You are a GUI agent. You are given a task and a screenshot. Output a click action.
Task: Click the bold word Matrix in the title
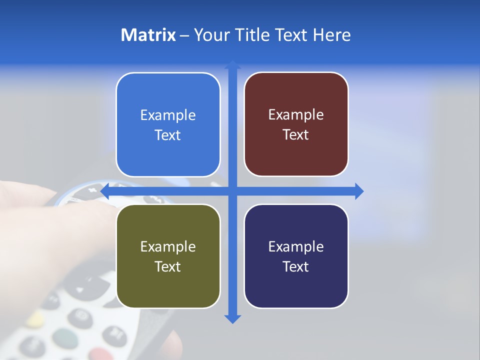click(148, 35)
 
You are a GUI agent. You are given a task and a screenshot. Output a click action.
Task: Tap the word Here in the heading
click(331, 35)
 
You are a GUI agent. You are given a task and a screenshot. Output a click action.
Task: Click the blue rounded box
click(168, 124)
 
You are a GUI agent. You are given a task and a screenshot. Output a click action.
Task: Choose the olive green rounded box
click(168, 256)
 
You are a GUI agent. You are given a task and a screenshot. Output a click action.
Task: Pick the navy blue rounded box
click(296, 256)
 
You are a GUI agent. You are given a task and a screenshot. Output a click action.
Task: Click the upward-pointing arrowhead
click(232, 64)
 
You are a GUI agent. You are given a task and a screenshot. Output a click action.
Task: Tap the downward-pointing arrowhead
click(232, 319)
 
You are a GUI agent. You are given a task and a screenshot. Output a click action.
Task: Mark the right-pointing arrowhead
click(359, 191)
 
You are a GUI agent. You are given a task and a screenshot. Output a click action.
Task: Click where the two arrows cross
click(232, 191)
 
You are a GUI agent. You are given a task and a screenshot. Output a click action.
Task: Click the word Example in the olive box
click(168, 246)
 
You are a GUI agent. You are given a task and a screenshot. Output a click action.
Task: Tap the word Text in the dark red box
click(296, 134)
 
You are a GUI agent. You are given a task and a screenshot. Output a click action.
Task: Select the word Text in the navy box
click(296, 266)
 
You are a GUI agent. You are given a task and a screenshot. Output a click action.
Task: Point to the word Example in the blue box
click(168, 115)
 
